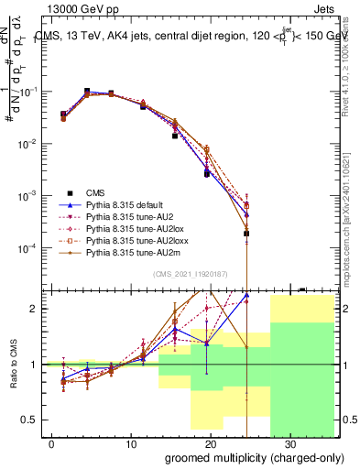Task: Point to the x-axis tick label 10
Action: pos(131,442)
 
